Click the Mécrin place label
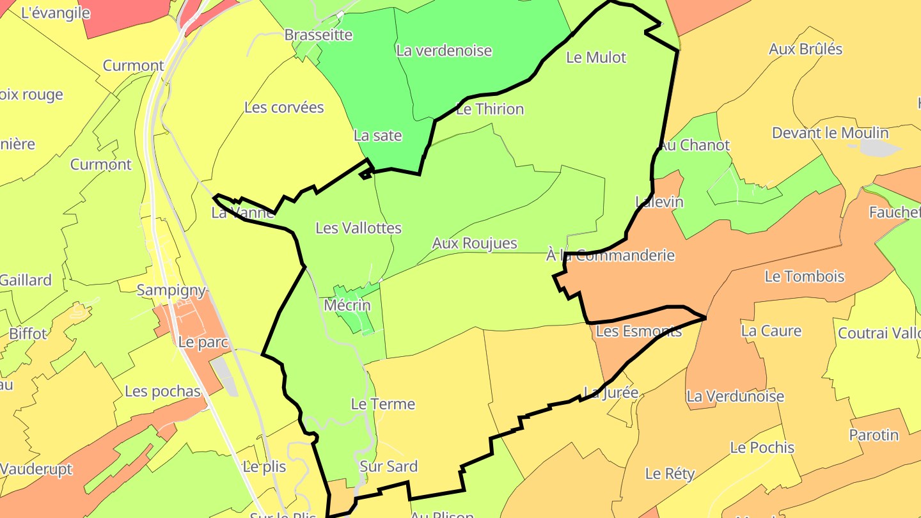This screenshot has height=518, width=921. pos(347,305)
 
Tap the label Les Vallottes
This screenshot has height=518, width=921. pos(358,228)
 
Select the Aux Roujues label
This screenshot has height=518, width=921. pos(474,244)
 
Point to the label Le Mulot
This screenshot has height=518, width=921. pos(596,58)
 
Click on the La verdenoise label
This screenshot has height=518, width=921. pos(444,51)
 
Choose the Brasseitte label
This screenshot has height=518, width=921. pos(318,35)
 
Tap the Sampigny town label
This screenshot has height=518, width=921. pos(171,290)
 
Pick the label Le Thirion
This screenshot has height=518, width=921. pos(490,109)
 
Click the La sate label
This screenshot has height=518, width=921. pos(377,136)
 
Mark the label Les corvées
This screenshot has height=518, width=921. pos(284,107)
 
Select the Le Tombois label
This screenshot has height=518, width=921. pos(805,277)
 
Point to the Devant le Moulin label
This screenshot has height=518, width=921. pos(830,133)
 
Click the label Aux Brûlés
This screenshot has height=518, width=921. pos(805,49)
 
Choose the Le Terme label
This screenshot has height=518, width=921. pos(382,404)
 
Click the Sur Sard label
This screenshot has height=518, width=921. pos(388,467)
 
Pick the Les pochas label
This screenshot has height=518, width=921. pos(162,391)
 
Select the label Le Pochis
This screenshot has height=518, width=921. pos(762,448)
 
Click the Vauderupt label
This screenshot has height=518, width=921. pos(36,469)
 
